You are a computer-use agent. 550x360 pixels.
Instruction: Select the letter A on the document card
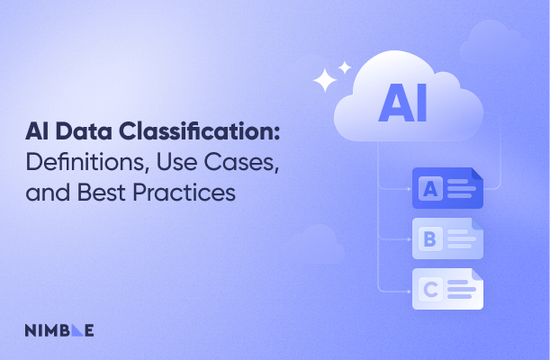pos(430,189)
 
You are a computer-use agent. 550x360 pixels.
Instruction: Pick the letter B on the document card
pos(430,239)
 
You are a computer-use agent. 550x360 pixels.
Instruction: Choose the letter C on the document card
pos(430,290)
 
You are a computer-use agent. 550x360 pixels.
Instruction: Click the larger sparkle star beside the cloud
pos(325,80)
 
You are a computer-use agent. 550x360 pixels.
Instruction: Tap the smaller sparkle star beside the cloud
pos(344,67)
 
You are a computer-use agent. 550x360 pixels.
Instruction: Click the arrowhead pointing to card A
pos(408,189)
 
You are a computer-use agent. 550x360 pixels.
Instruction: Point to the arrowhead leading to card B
pos(408,239)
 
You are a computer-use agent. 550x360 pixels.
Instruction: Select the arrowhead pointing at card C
pos(408,290)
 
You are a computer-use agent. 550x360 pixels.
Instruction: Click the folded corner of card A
pos(477,174)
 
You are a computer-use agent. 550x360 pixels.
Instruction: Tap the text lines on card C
pos(460,290)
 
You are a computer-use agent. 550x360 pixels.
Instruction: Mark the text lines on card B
pos(460,239)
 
